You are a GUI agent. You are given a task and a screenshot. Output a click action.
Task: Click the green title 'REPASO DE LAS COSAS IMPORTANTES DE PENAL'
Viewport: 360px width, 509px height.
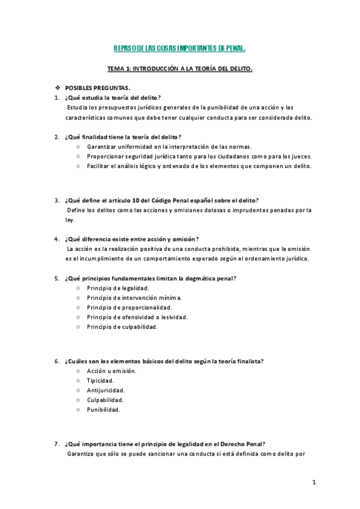pyautogui.click(x=180, y=49)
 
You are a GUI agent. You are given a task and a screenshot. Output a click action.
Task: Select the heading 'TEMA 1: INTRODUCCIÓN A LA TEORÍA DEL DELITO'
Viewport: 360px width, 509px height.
pyautogui.click(x=179, y=69)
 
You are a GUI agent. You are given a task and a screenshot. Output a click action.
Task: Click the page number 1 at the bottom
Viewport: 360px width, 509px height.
pyautogui.click(x=313, y=483)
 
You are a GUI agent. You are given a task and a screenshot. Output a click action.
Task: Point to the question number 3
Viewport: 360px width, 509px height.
pyautogui.click(x=56, y=200)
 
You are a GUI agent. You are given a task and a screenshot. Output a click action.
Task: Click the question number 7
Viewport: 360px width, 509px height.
pyautogui.click(x=56, y=444)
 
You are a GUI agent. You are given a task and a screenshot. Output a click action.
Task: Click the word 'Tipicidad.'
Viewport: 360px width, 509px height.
pyautogui.click(x=101, y=381)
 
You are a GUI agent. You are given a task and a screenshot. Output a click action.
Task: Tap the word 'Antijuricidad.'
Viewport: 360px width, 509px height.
pyautogui.click(x=106, y=390)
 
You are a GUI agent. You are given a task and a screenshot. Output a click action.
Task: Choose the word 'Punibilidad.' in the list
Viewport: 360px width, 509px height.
pyautogui.click(x=103, y=410)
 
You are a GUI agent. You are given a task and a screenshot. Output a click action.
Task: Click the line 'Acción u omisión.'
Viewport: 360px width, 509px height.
pyautogui.click(x=111, y=371)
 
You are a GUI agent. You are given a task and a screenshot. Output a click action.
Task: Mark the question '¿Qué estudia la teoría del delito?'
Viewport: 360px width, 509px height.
pyautogui.click(x=112, y=98)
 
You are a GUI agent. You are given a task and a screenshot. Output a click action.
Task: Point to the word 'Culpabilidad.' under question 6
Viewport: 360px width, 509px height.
pyautogui.click(x=105, y=400)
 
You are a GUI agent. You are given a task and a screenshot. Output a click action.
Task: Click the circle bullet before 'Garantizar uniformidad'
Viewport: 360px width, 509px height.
pyautogui.click(x=78, y=146)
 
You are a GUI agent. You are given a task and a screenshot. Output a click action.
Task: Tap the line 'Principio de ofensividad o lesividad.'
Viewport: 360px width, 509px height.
pyautogui.click(x=137, y=317)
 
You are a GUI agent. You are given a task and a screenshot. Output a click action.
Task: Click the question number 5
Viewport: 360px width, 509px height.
pyautogui.click(x=56, y=279)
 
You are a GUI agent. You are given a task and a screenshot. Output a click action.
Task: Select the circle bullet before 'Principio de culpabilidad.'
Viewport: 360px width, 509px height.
pyautogui.click(x=78, y=327)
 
